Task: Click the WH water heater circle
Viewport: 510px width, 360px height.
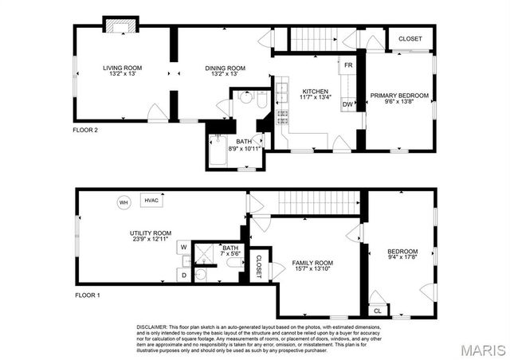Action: (124, 202)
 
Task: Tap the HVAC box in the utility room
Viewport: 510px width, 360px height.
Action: (151, 201)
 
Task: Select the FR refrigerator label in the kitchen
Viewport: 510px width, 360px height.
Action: (348, 65)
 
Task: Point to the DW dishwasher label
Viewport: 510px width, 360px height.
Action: (348, 104)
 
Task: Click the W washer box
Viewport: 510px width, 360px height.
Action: (183, 248)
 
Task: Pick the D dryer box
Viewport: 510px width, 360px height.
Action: (183, 275)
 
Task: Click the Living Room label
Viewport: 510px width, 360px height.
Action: (122, 68)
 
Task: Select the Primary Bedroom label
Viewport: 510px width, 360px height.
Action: (399, 96)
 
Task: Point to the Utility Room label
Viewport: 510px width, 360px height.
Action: (149, 233)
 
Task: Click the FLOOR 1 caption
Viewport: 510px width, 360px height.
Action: (86, 295)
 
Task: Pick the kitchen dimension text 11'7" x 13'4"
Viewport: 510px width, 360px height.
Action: (316, 98)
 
